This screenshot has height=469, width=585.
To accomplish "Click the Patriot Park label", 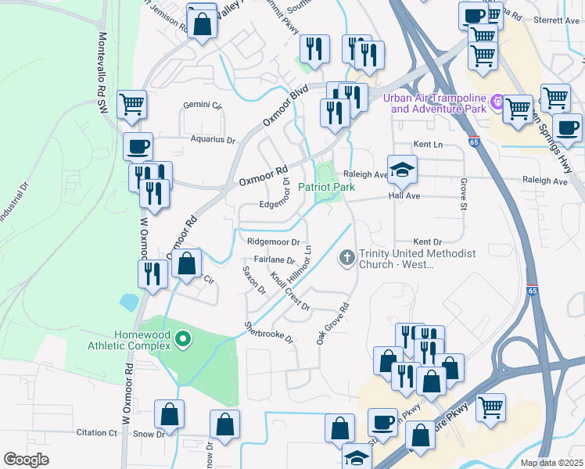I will [326, 187].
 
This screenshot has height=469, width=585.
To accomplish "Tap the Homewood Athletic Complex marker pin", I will [183, 338].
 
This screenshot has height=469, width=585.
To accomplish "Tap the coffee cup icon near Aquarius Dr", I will [138, 146].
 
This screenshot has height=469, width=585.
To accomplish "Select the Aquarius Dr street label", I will [212, 140].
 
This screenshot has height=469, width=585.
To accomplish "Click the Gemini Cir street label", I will [203, 105].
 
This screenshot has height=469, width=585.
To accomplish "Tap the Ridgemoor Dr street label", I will [274, 242].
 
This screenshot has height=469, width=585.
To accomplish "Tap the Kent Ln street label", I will [428, 145].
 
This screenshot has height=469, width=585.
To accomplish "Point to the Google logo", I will [27, 460].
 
